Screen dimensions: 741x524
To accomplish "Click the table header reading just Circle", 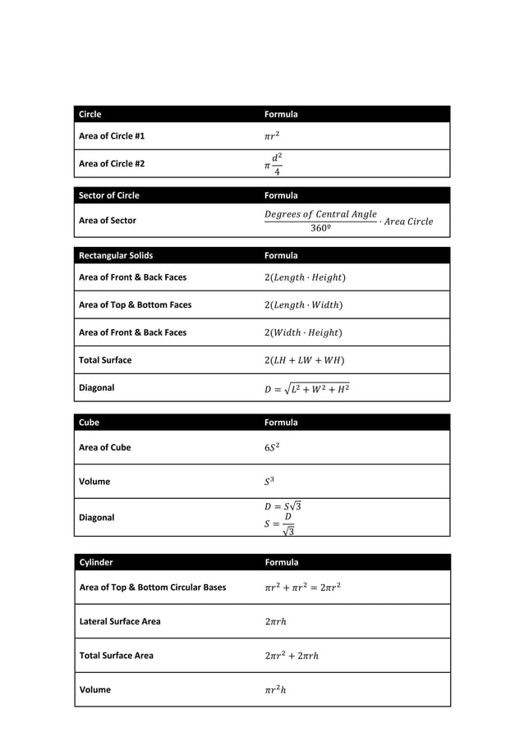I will [x=90, y=114].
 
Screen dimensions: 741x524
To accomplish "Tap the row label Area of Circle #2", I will [x=112, y=163].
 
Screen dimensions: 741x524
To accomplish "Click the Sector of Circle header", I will [x=109, y=195].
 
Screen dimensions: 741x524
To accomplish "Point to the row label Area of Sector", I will [x=108, y=220].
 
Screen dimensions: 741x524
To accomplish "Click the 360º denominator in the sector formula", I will [x=321, y=228].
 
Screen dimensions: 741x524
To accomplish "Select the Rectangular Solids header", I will [x=116, y=255].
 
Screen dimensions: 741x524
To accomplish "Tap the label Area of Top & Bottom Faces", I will [x=135, y=304].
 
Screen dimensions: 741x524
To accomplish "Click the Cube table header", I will [x=89, y=423].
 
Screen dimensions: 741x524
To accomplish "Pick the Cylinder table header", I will [x=96, y=562].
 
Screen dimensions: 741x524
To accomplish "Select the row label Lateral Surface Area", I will [x=120, y=621].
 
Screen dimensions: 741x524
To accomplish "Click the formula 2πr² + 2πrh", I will [x=292, y=656].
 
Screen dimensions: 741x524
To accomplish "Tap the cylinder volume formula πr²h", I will [x=276, y=689].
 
